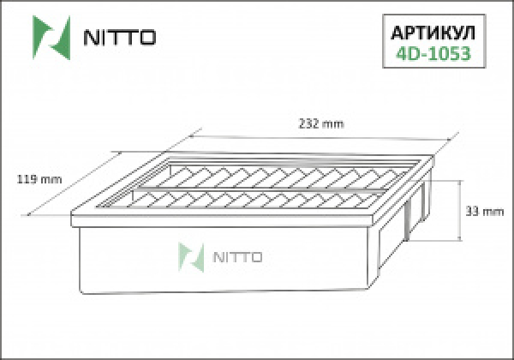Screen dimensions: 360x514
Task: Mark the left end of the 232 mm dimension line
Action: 189,135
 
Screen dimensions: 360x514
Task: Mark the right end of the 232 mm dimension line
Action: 455,136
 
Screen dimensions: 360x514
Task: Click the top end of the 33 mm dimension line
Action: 463,182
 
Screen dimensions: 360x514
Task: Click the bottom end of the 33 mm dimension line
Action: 463,243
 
